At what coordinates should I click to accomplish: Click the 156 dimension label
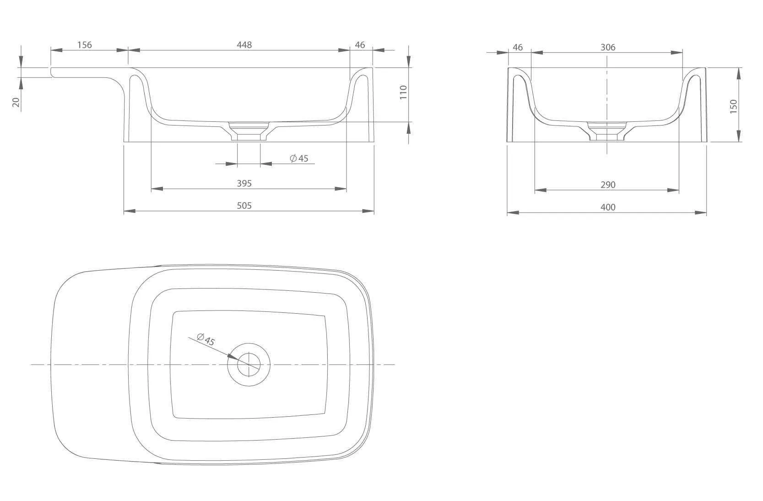85,44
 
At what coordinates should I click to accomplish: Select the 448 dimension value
244,44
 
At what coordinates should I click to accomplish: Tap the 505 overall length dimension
244,206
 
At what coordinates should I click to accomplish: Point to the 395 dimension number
244,183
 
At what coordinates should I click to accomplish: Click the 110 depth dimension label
403,93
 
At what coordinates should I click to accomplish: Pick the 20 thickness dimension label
16,102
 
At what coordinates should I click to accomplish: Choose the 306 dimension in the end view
608,47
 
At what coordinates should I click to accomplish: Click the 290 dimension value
608,185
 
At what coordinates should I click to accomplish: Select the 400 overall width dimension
608,207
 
